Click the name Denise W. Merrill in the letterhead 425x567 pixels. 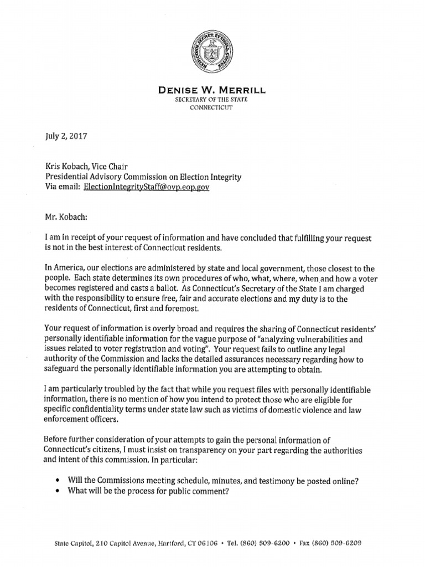212,90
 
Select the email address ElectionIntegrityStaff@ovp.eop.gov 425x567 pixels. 147,187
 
